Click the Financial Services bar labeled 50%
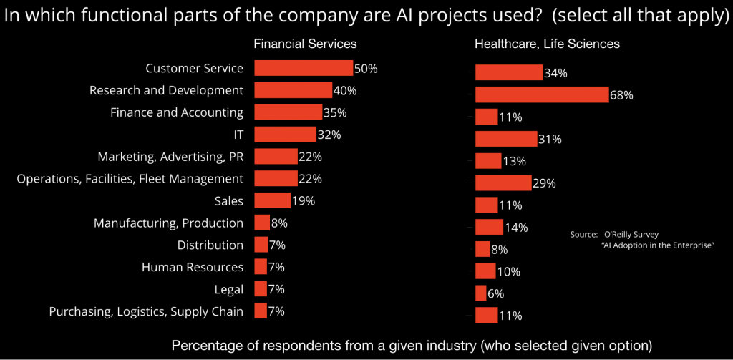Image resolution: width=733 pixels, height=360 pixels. coord(304,68)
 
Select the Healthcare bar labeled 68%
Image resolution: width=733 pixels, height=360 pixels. coord(542,94)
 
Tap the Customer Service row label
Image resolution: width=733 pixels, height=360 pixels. coord(194,69)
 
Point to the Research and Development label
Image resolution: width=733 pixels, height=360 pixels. coord(166,91)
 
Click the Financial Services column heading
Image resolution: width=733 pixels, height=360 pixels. coord(305,44)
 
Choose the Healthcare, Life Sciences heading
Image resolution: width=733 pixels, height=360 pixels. coord(547,44)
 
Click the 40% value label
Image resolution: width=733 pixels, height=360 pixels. coord(345,91)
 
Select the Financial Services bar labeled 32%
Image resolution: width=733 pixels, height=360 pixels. coord(285,135)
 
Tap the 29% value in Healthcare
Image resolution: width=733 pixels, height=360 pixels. coord(545,183)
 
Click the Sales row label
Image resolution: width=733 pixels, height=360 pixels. coord(228,200)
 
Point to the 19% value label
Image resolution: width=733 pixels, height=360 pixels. coord(304,200)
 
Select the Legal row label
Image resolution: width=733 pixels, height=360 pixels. coord(228,289)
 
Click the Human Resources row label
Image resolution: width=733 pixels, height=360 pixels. coord(193,267)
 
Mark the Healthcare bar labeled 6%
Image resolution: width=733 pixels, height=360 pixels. coord(480,293)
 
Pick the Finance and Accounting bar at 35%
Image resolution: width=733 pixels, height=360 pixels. coord(288,112)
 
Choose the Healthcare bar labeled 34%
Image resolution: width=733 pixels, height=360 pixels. coord(509,72)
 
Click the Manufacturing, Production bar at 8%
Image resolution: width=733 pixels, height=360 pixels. coord(262,223)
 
